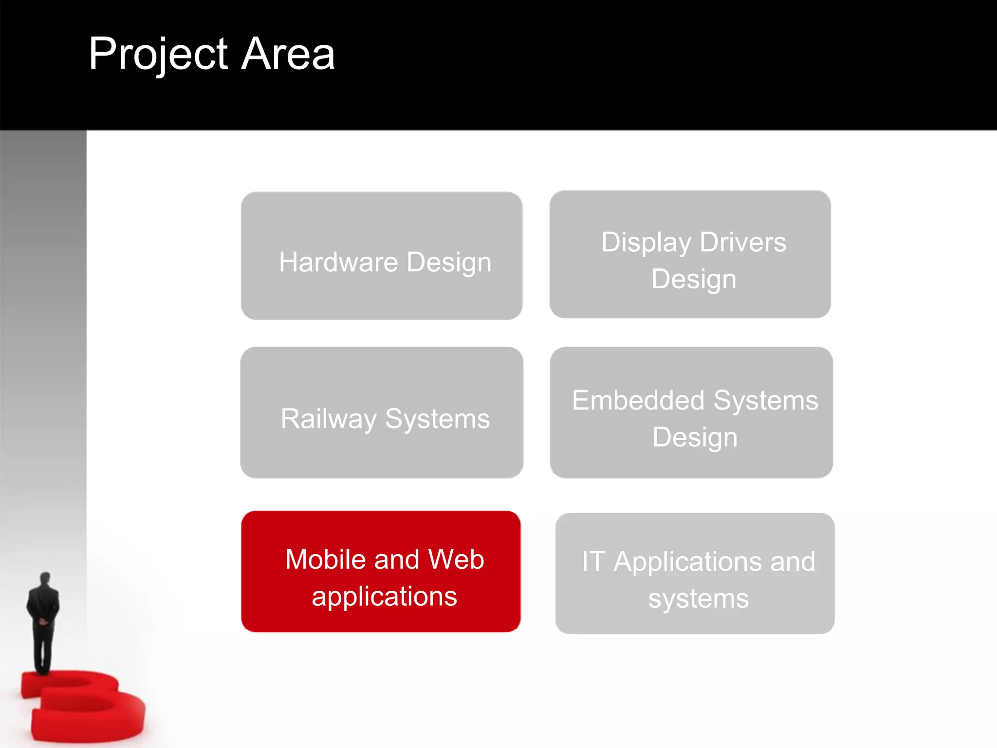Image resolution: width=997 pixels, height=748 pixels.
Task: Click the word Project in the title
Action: (158, 55)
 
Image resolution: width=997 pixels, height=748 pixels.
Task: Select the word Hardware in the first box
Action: (338, 262)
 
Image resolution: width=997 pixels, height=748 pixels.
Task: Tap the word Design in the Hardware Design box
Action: (449, 263)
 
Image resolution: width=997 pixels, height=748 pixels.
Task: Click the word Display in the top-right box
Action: (646, 243)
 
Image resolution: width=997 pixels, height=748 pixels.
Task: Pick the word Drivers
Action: (743, 242)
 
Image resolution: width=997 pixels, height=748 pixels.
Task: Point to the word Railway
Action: (329, 419)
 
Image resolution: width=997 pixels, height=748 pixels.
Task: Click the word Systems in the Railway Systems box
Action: (437, 419)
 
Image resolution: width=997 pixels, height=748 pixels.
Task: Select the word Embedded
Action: (638, 400)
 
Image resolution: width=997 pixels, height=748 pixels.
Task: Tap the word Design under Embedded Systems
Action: (695, 437)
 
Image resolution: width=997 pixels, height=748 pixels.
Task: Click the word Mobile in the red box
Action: (325, 559)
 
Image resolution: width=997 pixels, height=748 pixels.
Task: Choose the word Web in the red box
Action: (456, 559)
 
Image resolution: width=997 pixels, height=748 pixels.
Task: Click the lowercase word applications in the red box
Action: (384, 597)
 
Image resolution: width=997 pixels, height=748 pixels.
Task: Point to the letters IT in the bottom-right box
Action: (593, 561)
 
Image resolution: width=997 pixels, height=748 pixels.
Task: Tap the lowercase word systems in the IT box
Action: (698, 598)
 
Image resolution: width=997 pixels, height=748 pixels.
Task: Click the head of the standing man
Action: (45, 579)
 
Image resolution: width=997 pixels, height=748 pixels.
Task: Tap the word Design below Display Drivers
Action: (694, 279)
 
